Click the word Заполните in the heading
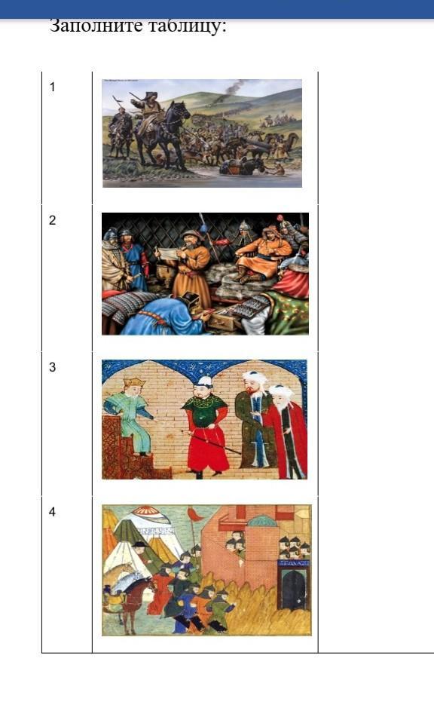[96, 26]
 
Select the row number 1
[52, 87]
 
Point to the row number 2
[52, 220]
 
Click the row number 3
[52, 367]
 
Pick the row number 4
[52, 511]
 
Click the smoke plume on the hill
[235, 87]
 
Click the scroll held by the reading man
[167, 253]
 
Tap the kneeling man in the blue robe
[161, 314]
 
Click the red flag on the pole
[195, 514]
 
